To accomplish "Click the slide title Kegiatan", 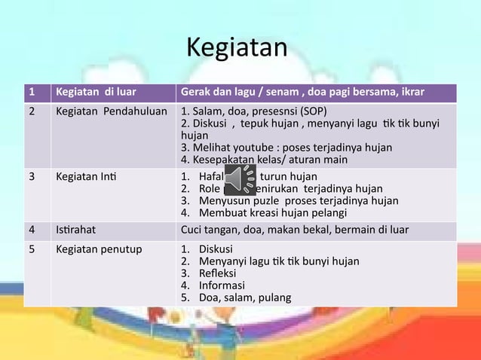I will (237, 50).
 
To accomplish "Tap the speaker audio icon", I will (240, 181).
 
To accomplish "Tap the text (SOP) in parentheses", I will (307, 111).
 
